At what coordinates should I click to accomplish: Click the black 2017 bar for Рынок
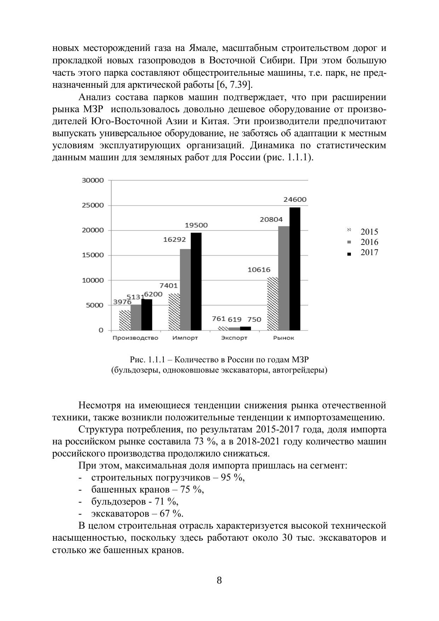pyautogui.click(x=295, y=269)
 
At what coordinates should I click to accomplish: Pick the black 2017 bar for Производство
pyautogui.click(x=147, y=315)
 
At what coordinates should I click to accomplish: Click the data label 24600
pyautogui.click(x=295, y=200)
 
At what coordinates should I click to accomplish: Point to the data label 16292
pyautogui.click(x=174, y=240)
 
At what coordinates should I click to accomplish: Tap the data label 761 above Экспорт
pyautogui.click(x=218, y=319)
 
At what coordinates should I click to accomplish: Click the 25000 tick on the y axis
pyautogui.click(x=93, y=205)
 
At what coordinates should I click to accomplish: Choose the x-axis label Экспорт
pyautogui.click(x=234, y=338)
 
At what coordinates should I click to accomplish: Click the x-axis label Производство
pyautogui.click(x=135, y=338)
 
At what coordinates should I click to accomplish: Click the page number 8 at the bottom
pyautogui.click(x=219, y=580)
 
